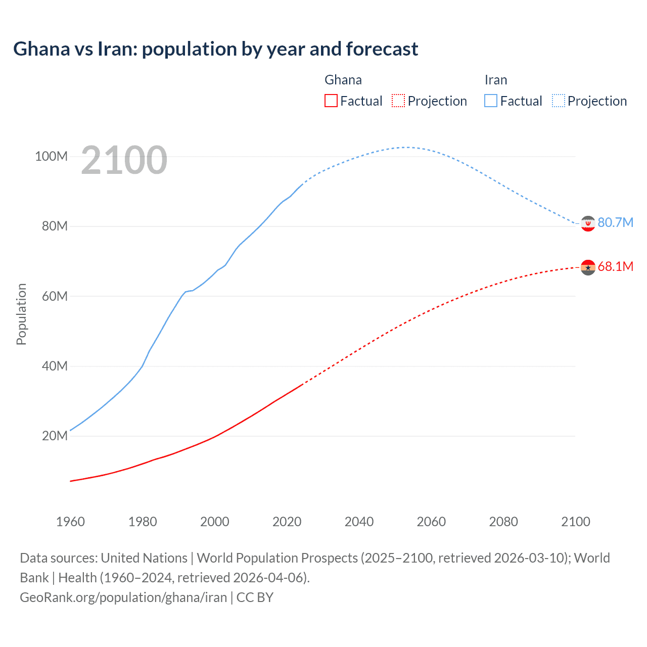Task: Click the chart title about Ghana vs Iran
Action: (x=215, y=49)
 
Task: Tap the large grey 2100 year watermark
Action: (x=124, y=160)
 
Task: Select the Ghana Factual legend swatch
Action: (x=331, y=101)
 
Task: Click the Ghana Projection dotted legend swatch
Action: (x=398, y=101)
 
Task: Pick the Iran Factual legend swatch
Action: (x=490, y=101)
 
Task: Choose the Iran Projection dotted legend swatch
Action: (x=558, y=101)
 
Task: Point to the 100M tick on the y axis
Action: (x=51, y=156)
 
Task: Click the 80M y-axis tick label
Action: (x=55, y=226)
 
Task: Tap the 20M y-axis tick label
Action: (x=55, y=436)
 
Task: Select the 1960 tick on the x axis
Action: (x=70, y=522)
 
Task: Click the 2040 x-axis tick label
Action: (x=359, y=522)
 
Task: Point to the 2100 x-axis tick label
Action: (x=575, y=522)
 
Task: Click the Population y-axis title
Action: (x=21, y=314)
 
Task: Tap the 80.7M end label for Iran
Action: (x=615, y=222)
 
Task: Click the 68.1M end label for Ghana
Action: (x=615, y=266)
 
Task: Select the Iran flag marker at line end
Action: (x=588, y=223)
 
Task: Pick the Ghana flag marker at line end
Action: (x=588, y=267)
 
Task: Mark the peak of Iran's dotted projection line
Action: (x=405, y=147)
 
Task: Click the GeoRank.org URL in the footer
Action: (x=123, y=597)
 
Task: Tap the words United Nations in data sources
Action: (x=144, y=558)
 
